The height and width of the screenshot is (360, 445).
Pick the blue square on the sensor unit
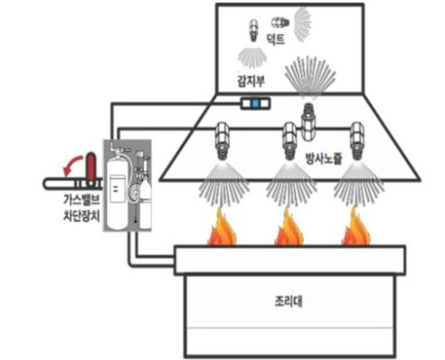click(256, 105)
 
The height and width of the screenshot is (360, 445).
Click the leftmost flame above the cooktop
click(222, 230)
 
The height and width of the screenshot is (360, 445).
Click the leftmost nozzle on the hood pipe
click(222, 139)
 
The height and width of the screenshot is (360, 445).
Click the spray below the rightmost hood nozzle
click(354, 182)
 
